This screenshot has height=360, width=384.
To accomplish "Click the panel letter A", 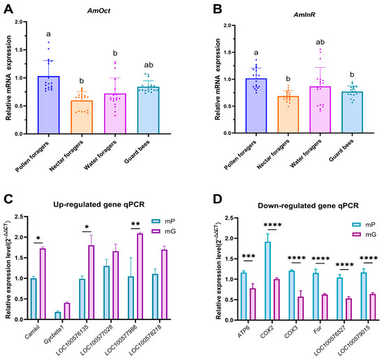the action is tap(8, 9).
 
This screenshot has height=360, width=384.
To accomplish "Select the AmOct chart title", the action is tap(99, 10).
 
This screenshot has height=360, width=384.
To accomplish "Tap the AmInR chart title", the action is tap(304, 15).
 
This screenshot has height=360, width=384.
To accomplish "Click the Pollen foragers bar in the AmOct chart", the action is tap(48, 105).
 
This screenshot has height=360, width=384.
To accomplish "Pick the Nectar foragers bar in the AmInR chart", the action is tap(288, 115).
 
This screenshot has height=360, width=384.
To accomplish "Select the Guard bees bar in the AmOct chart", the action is tap(148, 110).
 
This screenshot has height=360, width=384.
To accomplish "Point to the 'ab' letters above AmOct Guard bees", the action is tap(149, 65).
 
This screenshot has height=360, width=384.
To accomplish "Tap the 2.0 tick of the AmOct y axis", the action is tap(18, 22).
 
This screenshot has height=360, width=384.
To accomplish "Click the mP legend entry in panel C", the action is tap(163, 221).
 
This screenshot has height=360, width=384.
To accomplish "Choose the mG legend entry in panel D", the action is tap(364, 234).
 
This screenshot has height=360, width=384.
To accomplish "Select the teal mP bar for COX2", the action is tap(267, 281).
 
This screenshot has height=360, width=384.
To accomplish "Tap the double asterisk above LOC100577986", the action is tap(135, 224).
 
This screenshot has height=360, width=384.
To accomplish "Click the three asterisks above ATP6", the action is tap(249, 257).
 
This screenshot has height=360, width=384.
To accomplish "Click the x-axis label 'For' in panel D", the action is tap(317, 330).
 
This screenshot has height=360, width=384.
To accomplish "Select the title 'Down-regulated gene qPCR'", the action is tap(308, 206).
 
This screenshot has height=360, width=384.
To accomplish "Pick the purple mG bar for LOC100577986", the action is tap(140, 276).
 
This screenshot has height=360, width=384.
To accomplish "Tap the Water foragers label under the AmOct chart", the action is tap(101, 155).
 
